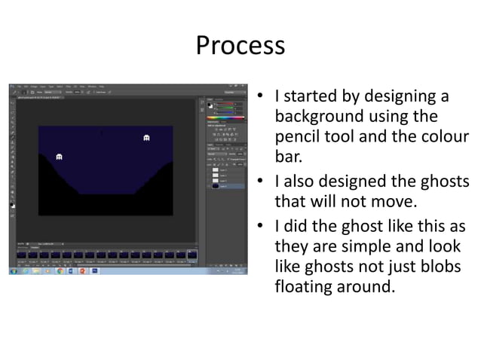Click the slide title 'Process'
(240, 46)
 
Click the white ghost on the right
(146, 138)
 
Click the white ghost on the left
(59, 156)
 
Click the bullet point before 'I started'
(259, 97)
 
